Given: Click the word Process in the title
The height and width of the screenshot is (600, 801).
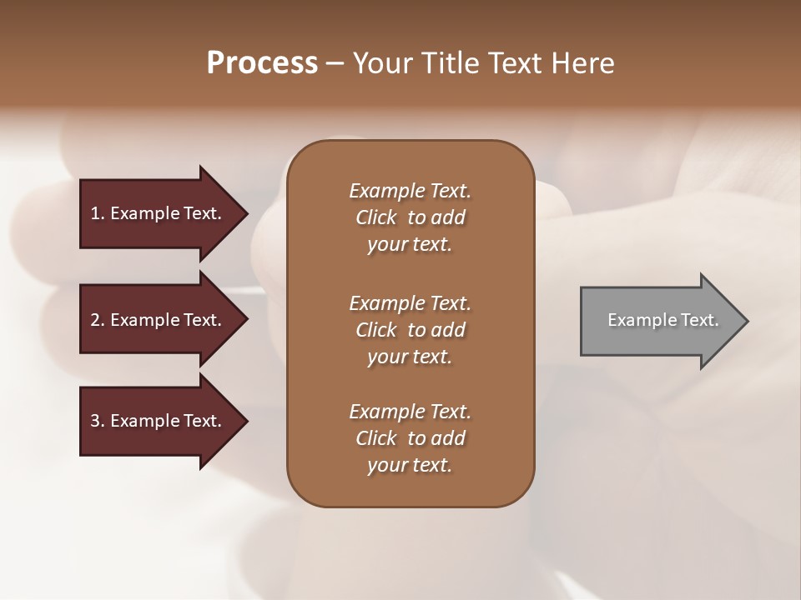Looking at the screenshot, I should tap(262, 63).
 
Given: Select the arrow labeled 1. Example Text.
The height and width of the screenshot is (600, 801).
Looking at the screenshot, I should tap(156, 213).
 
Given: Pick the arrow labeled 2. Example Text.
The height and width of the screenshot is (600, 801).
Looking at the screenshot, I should tap(156, 320).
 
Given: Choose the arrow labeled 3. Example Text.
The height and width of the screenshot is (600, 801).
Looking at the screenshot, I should tap(156, 421).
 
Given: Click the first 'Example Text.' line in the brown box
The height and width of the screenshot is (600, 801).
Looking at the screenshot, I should tap(410, 191).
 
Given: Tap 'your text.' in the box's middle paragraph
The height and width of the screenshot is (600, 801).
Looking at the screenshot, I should tap(410, 357).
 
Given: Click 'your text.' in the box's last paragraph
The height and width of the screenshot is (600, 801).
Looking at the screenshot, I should tap(410, 465).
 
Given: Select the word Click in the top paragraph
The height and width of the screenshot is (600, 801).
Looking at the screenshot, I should tap(375, 217).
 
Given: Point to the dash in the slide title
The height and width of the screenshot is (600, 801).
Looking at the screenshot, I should tap(335, 63).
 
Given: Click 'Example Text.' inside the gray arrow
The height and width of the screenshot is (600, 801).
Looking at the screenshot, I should tap(663, 320).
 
